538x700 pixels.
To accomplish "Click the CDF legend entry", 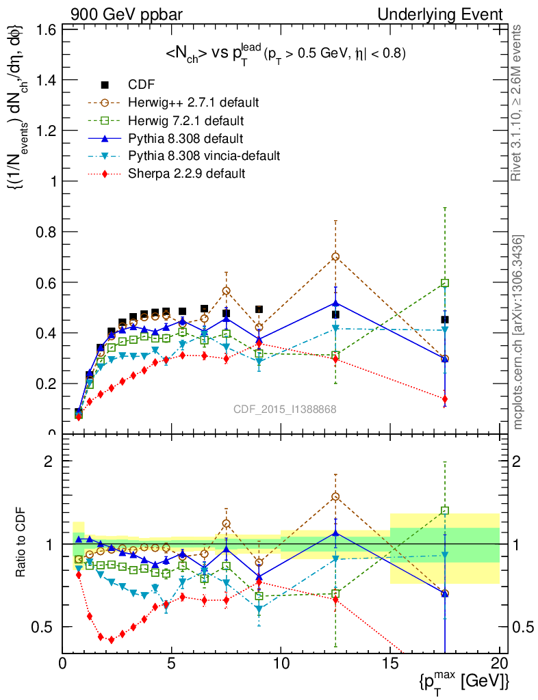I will [x=141, y=85].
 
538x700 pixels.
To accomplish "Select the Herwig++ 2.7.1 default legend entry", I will [x=194, y=103].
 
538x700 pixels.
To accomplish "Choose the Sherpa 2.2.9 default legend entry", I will [x=186, y=174].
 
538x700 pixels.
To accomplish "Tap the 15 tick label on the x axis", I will [x=389, y=662].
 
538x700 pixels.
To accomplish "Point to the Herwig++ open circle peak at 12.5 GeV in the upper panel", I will [x=335, y=256].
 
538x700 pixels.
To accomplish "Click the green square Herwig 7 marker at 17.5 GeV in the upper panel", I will [x=445, y=283].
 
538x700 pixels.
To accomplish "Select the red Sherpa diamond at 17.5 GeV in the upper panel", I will [x=445, y=399].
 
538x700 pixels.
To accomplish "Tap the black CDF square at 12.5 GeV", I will [x=335, y=314].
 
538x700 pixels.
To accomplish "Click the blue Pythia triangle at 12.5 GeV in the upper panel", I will [x=335, y=303].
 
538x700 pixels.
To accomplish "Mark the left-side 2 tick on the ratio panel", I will [x=49, y=461].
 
